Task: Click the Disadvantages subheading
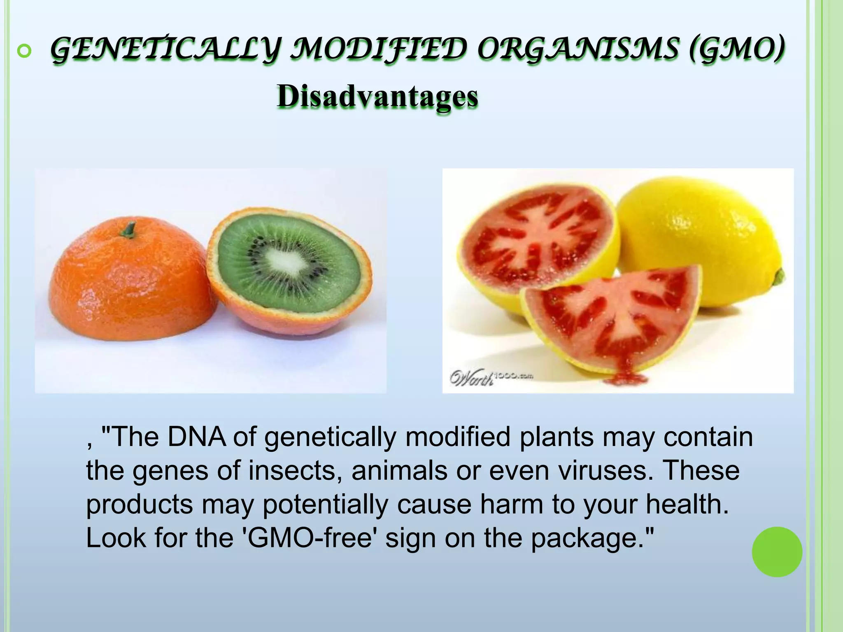[377, 97]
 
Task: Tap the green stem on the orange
[129, 230]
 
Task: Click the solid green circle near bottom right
[777, 552]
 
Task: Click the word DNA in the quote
[196, 437]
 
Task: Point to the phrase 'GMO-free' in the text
[311, 538]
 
